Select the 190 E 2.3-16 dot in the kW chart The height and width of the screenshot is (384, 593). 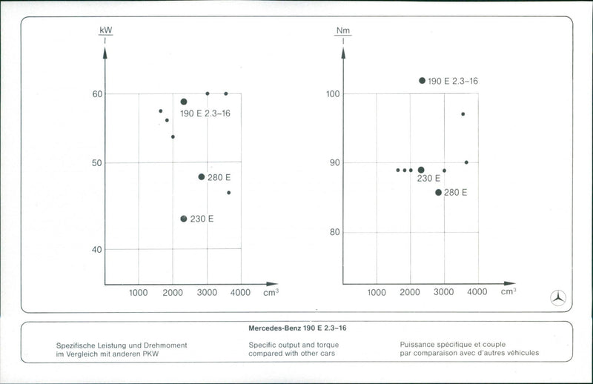pos(184,102)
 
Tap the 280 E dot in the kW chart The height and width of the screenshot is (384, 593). pos(202,176)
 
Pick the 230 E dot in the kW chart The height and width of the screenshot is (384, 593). pos(184,219)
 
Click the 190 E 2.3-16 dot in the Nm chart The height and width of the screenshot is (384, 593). pos(423,80)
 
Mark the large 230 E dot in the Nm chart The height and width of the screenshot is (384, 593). pos(421,170)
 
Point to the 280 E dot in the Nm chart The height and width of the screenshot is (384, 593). pos(438,192)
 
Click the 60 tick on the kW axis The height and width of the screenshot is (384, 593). pos(97,94)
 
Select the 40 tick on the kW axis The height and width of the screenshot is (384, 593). pos(97,249)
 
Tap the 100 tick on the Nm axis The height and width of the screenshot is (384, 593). pos(333,94)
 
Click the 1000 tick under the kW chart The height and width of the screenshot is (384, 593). pos(139,293)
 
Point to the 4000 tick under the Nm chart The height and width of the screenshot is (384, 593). pos(477,292)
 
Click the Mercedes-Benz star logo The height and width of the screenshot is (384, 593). pos(557,298)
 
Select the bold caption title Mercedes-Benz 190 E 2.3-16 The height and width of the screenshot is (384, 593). pos(296,328)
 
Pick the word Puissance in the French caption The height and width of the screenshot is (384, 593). pos(418,345)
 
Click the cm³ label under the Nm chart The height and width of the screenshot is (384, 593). pos(508,291)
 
